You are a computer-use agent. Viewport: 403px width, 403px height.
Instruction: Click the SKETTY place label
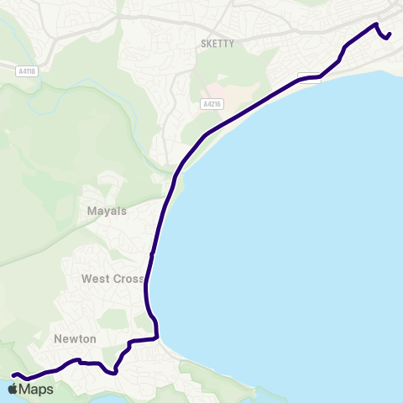tap(217, 44)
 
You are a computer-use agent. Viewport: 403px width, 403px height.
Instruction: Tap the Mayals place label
tap(107, 211)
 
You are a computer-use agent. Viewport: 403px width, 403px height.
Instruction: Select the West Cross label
tap(113, 278)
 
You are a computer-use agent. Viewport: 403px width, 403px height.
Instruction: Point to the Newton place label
tap(76, 338)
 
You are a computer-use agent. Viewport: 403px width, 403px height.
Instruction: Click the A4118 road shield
tap(26, 72)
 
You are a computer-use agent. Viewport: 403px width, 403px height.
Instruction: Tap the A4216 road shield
tap(211, 104)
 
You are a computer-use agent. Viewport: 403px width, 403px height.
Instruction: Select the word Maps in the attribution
tap(37, 390)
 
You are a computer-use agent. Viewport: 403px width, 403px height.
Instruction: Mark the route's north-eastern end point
tap(390, 34)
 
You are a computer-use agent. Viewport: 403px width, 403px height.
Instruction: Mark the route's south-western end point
tap(13, 374)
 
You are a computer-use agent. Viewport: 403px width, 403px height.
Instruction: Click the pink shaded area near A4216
tap(214, 89)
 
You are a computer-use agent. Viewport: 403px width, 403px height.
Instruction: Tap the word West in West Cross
tap(97, 278)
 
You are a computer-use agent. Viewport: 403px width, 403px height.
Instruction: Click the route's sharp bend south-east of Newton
tap(113, 372)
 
